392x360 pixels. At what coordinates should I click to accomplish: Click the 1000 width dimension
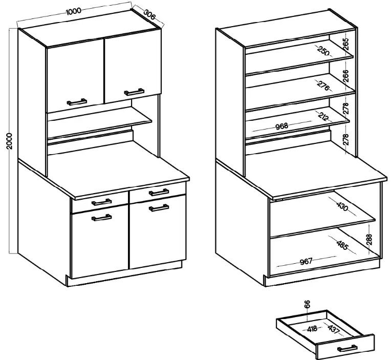(74, 11)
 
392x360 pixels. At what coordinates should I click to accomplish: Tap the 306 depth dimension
(149, 15)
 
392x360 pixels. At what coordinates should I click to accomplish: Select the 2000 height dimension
(9, 141)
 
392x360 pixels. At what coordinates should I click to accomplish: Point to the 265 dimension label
(346, 44)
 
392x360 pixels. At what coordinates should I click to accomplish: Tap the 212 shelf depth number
(324, 116)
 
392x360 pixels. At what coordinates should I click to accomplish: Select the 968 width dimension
(282, 126)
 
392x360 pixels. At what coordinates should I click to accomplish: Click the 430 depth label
(342, 206)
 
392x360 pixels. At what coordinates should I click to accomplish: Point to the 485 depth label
(342, 245)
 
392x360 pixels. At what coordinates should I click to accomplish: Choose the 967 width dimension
(306, 262)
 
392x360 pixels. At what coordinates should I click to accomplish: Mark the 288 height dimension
(370, 240)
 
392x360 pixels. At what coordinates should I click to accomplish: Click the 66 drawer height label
(308, 304)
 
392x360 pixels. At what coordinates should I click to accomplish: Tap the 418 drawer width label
(312, 328)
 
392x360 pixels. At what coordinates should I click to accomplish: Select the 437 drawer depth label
(334, 328)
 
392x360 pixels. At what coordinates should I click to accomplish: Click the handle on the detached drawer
(347, 348)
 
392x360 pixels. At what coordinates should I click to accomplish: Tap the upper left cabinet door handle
(77, 102)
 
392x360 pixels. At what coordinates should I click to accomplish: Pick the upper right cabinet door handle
(134, 92)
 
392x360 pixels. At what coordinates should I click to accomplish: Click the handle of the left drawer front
(101, 202)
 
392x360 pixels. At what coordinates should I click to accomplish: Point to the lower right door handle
(159, 208)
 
